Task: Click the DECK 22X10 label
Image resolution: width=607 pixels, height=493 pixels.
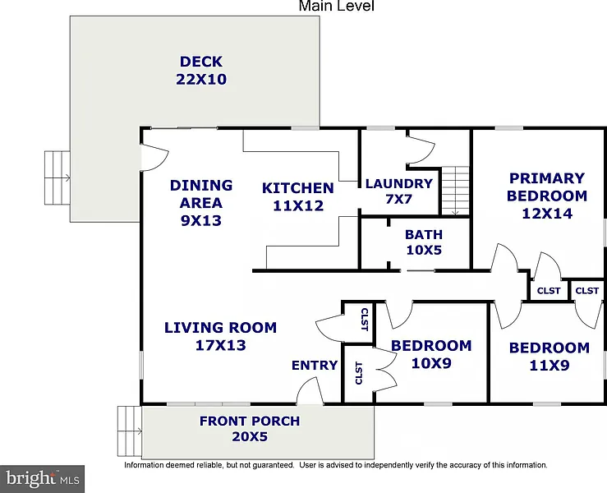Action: (201, 71)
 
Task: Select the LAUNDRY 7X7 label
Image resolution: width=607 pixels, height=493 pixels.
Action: (398, 191)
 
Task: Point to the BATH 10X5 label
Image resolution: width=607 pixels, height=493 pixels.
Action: (424, 242)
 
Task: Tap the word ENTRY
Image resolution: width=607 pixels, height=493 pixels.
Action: (315, 365)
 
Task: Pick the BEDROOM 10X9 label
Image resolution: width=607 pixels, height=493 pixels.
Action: (431, 354)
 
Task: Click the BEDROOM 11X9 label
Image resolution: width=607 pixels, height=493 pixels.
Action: (550, 356)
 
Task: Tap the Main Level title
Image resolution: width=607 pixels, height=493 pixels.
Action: (337, 6)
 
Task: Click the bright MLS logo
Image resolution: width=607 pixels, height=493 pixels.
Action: (42, 479)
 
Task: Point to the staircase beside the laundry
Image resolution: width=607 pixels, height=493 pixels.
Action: (455, 191)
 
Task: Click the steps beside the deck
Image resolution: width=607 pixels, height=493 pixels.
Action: (57, 177)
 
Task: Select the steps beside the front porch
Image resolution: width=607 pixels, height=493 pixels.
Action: (130, 431)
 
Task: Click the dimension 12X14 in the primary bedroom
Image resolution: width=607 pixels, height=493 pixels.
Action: (547, 214)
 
